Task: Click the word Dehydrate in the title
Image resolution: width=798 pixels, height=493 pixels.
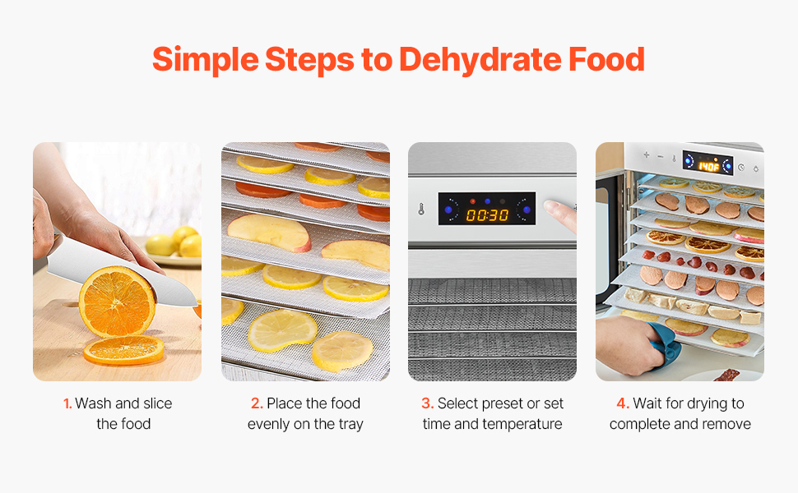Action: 480,60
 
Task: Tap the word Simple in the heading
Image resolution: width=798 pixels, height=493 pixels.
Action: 205,60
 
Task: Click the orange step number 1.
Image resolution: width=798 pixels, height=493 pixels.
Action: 67,403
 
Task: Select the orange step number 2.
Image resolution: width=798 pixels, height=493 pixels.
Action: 257,403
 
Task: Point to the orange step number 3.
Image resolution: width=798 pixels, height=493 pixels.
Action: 428,403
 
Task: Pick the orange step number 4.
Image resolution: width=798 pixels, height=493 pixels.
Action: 623,403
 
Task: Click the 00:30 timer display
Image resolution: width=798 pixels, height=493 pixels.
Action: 487,215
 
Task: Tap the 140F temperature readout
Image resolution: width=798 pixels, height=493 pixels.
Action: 708,166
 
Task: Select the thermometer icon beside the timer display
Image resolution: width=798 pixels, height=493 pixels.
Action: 421,209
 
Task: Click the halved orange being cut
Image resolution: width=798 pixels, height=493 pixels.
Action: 117,301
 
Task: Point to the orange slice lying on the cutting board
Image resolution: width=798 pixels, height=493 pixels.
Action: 123,350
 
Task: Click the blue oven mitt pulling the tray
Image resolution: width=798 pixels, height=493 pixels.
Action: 663,339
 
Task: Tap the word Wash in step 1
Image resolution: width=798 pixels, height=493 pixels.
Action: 93,403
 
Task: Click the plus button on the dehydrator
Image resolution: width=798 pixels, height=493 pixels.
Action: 646,154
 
